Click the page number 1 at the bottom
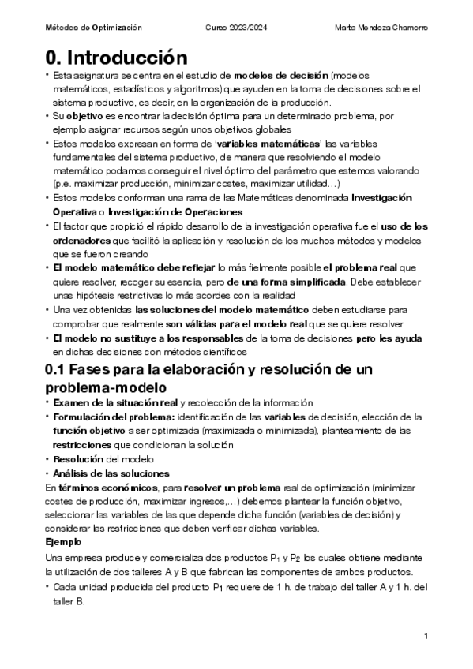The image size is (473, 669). [x=426, y=636]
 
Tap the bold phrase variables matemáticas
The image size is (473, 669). [x=269, y=143]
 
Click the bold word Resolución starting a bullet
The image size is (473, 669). [x=78, y=458]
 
